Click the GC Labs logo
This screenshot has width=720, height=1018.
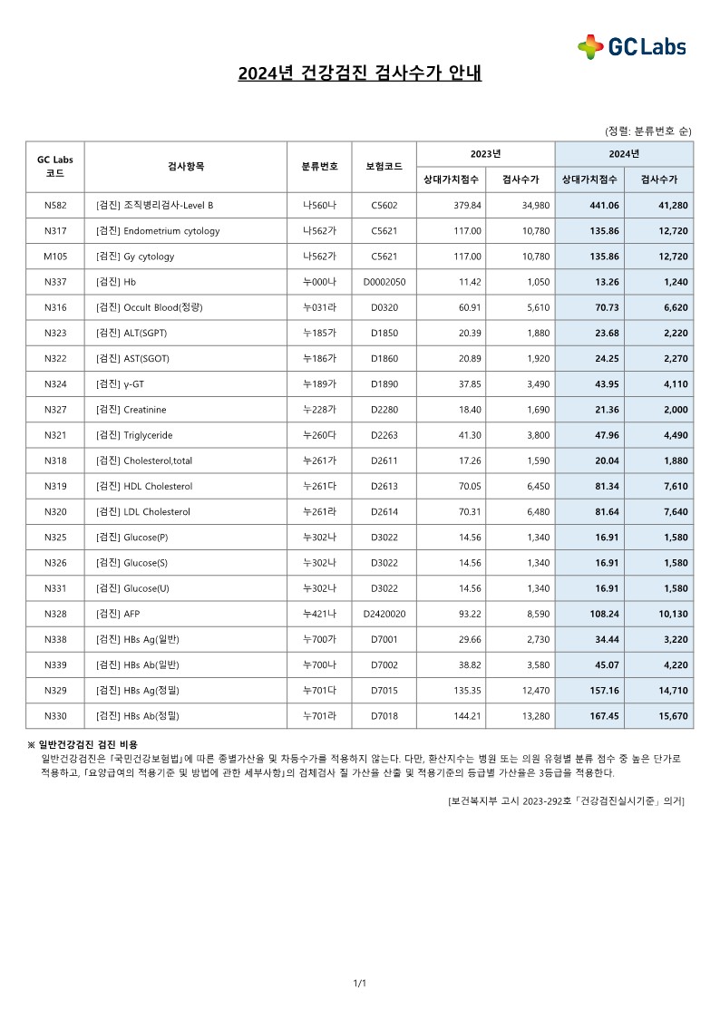tap(632, 46)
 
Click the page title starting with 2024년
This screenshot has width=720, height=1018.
tap(360, 73)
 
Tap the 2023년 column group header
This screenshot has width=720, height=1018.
tap(485, 153)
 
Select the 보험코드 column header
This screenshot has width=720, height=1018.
tap(384, 166)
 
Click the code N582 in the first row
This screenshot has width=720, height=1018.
tap(55, 205)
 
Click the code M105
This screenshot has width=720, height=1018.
tap(55, 257)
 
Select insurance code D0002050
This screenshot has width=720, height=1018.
tap(384, 282)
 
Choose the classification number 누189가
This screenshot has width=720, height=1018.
tap(319, 383)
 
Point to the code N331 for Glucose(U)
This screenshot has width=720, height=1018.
tap(55, 588)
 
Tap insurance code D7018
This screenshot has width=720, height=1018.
tap(384, 716)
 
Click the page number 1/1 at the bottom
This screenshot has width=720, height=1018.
tap(360, 983)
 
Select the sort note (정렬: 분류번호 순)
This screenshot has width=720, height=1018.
tap(647, 131)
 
